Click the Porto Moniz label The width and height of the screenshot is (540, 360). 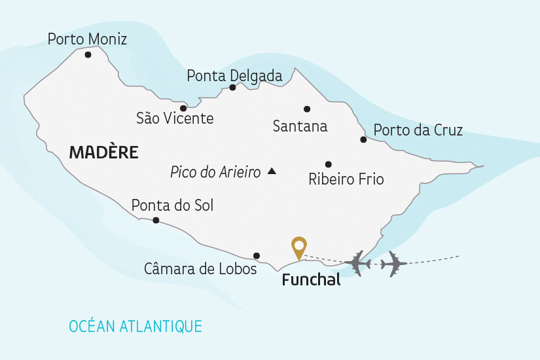tap(87, 39)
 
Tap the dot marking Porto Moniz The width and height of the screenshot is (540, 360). tap(88, 55)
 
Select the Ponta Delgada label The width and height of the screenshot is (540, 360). tap(234, 76)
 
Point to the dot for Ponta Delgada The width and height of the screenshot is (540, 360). tap(232, 87)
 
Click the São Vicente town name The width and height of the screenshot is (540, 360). tap(175, 118)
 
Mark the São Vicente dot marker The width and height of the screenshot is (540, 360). tap(183, 108)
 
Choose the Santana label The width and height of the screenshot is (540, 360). tap(300, 126)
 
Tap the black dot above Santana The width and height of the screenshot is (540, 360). tap(307, 109)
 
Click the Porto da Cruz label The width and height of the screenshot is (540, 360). tap(418, 130)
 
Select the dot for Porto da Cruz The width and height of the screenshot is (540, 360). tap(363, 139)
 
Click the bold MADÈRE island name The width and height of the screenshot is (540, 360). tap(103, 153)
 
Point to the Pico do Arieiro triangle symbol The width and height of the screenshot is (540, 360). tap(272, 171)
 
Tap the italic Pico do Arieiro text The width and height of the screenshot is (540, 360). tap(215, 172)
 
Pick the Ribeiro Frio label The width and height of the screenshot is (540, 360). tap(346, 179)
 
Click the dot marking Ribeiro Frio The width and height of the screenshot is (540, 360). tap(329, 164)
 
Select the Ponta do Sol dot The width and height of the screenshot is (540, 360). tap(156, 221)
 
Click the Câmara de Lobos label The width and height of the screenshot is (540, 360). tap(200, 269)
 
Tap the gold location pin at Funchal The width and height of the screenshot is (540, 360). tap(299, 247)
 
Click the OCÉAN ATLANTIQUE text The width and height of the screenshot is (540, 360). tap(135, 325)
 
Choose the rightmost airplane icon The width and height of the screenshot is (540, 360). tap(393, 264)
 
